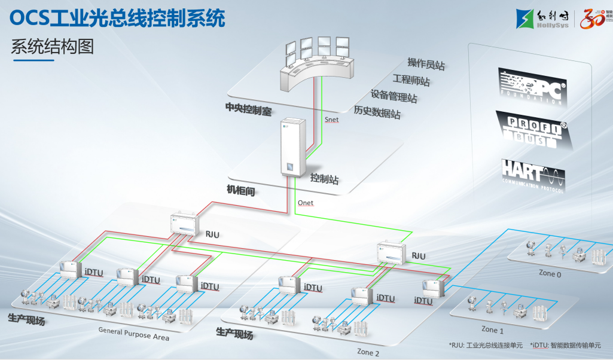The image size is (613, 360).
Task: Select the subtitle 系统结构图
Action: pos(53,46)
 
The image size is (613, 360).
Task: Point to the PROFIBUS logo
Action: pos(533,131)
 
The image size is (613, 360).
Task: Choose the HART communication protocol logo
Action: pos(532,174)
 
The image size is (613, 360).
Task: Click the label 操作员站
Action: pos(426,63)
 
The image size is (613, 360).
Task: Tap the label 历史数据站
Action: pos(377,112)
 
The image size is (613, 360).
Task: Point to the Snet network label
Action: pos(331,120)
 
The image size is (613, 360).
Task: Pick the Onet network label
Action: pos(305,203)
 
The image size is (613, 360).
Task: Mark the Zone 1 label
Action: pos(493,330)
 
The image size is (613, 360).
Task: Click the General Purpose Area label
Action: pos(133,334)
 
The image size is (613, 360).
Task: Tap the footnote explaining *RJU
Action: pos(486,345)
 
